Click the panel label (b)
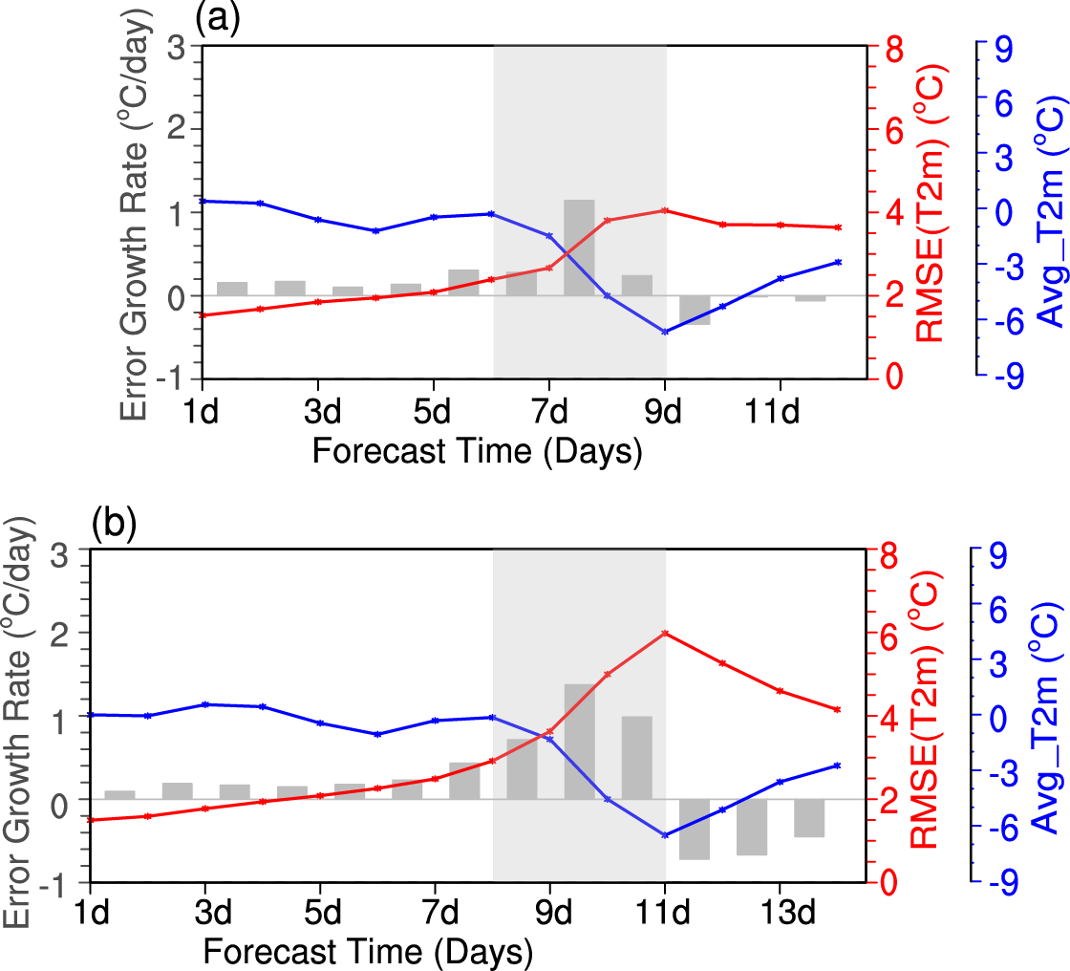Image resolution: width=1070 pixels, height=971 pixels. (115, 526)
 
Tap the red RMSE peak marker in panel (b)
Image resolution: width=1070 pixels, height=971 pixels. (665, 634)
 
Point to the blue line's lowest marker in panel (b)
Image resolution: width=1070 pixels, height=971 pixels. (665, 835)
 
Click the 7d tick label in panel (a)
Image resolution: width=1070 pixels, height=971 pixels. (549, 412)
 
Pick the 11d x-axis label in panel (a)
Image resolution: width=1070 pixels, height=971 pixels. (780, 412)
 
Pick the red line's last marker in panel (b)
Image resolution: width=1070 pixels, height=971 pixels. (838, 709)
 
